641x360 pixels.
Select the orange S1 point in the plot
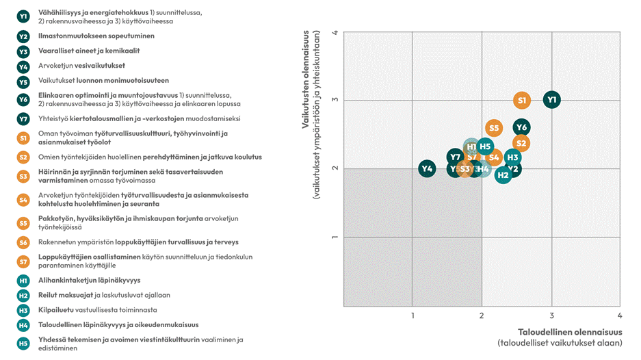point(522,101)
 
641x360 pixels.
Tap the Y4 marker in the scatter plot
point(428,168)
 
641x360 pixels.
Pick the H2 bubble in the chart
point(503,175)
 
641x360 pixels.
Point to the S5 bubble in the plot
point(494,128)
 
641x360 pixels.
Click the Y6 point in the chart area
point(521,127)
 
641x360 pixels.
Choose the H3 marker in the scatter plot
point(513,157)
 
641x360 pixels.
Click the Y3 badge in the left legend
point(23,51)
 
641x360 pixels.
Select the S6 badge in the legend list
point(23,242)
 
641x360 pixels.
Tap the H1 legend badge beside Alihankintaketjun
point(23,281)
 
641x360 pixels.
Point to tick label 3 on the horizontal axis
point(551,316)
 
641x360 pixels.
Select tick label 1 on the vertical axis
point(335,237)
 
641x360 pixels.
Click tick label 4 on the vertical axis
point(335,32)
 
